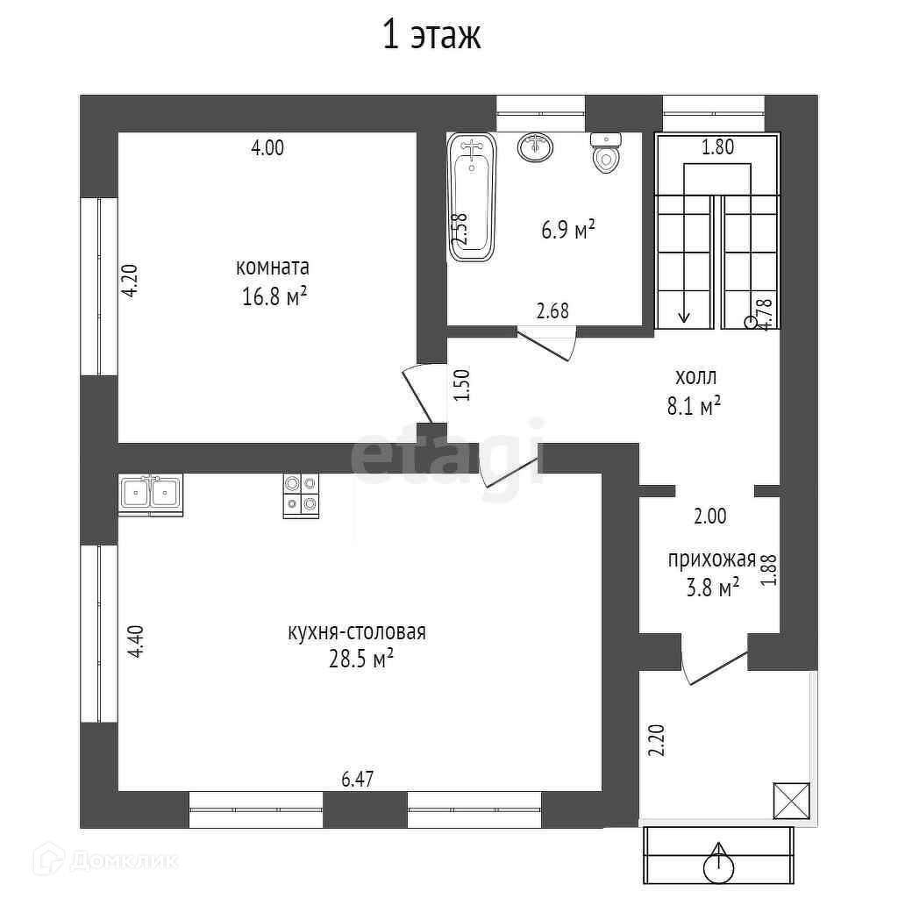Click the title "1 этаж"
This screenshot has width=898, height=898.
tap(431, 37)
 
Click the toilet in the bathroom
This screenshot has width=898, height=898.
tap(605, 152)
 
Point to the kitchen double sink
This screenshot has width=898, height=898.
tap(150, 494)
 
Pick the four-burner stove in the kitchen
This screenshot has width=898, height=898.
tap(300, 495)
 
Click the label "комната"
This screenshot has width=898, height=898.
tap(273, 267)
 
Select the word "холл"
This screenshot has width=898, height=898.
tap(695, 378)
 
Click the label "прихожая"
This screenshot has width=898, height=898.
tap(711, 559)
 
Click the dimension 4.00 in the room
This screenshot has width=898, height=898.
tap(267, 148)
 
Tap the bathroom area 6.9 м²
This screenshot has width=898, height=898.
tap(568, 231)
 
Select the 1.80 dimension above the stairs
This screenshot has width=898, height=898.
tap(717, 147)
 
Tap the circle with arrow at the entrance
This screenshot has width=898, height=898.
tap(720, 865)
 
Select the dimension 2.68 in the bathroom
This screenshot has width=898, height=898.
tap(552, 310)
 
